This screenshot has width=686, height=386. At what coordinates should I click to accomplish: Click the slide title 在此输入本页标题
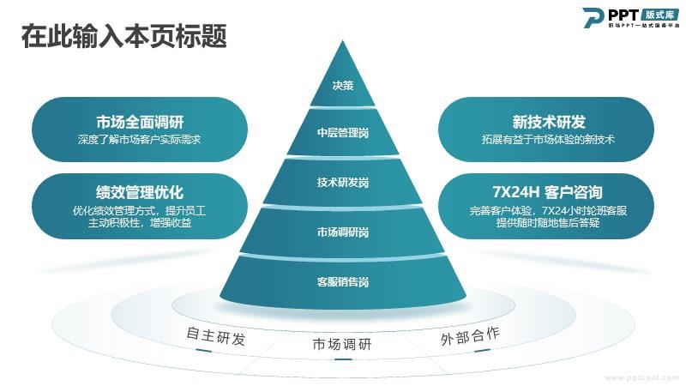(124, 35)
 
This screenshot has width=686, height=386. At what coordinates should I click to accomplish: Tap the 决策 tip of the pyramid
(342, 79)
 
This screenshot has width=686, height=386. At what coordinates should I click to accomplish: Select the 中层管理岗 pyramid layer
(342, 133)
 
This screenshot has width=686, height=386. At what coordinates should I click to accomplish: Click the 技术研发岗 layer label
(342, 182)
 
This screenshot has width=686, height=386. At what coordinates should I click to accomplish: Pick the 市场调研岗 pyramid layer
(342, 232)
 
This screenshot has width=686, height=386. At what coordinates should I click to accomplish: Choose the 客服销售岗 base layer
(342, 281)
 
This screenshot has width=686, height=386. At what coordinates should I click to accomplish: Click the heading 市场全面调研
(140, 122)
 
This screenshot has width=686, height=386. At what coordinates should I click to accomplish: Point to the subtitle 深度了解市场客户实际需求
(140, 140)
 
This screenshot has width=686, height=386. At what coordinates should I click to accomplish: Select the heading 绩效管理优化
(140, 192)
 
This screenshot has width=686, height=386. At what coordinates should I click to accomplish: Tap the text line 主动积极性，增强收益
(140, 223)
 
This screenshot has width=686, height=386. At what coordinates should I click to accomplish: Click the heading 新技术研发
(549, 122)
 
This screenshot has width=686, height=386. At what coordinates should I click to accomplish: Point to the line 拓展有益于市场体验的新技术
(548, 140)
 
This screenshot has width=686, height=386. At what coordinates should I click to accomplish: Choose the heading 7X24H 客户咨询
(548, 192)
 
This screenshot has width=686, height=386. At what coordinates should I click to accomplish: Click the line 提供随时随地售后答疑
(548, 223)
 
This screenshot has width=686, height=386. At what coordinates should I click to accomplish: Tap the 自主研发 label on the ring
(216, 336)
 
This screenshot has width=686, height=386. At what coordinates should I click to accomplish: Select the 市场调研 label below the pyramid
(341, 345)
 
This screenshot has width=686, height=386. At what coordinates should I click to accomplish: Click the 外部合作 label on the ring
(470, 336)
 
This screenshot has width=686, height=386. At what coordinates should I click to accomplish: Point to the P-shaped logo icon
(593, 17)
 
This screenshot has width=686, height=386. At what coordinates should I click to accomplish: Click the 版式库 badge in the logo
(661, 15)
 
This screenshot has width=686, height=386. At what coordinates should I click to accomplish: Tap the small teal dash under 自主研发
(204, 351)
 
